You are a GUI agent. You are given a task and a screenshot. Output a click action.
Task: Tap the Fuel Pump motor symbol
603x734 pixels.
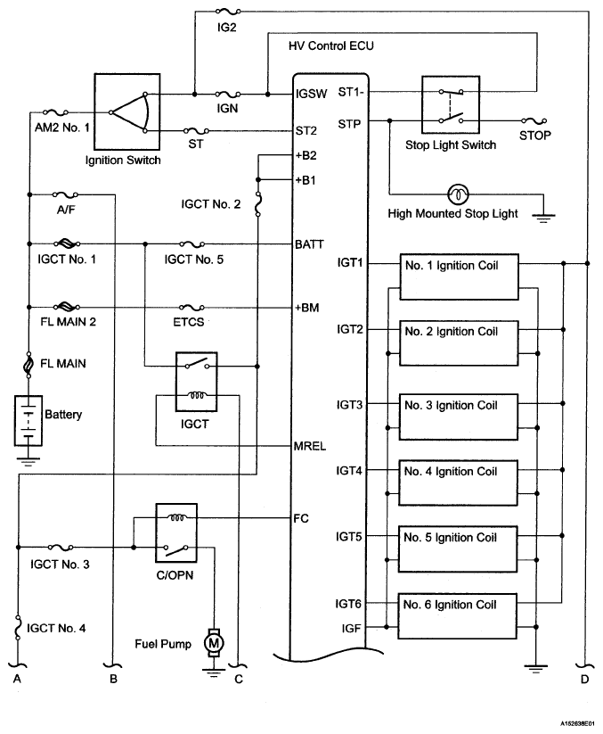tap(214, 643)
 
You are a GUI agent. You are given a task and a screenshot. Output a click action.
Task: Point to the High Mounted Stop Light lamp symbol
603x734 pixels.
tap(458, 194)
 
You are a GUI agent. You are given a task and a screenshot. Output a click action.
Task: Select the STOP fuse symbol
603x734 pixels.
tap(534, 120)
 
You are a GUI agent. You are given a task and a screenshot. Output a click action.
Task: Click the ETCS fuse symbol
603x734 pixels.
tap(191, 308)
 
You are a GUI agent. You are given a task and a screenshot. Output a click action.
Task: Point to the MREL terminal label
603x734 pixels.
tap(309, 446)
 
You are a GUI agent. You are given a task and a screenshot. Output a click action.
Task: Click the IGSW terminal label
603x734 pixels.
tap(312, 94)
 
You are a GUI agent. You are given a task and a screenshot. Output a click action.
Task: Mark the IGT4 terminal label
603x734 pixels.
tap(349, 470)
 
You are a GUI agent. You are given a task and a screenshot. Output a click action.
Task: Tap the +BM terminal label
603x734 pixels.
tap(306, 308)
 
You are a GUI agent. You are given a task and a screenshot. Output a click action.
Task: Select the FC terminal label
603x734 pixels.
tap(301, 518)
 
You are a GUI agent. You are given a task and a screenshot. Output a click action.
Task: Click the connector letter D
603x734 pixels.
tap(585, 679)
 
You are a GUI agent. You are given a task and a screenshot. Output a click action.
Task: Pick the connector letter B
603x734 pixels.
tap(114, 679)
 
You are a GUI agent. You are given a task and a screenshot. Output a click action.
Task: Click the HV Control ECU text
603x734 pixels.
tap(331, 45)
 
